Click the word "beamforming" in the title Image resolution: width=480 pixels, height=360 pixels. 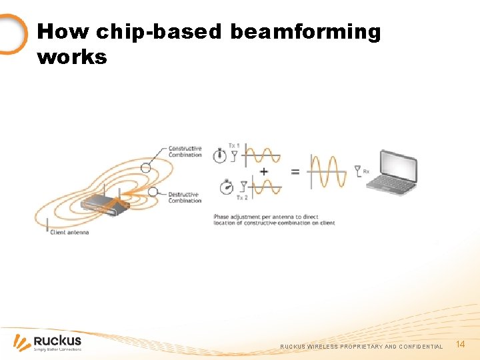(x=305, y=32)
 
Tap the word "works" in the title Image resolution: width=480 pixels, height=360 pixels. (x=72, y=57)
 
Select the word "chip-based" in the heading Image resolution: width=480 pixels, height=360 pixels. (x=158, y=32)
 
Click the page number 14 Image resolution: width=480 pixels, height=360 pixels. (x=460, y=344)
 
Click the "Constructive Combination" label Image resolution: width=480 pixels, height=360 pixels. (x=185, y=151)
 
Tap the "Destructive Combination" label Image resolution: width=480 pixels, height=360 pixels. (x=185, y=197)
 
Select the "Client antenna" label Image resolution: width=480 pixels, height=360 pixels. (x=69, y=232)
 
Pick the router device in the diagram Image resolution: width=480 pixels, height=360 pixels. (x=104, y=205)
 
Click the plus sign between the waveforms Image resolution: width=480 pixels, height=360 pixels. (x=264, y=171)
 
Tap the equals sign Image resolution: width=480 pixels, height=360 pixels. (x=295, y=171)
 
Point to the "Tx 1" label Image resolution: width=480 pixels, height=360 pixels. (x=234, y=145)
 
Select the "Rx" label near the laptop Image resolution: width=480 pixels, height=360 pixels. (x=367, y=171)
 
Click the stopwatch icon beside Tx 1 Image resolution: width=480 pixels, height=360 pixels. (x=220, y=155)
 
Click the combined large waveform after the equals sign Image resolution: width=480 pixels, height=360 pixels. (x=328, y=172)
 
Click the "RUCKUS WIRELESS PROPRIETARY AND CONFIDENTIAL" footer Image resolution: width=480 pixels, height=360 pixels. (x=361, y=347)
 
